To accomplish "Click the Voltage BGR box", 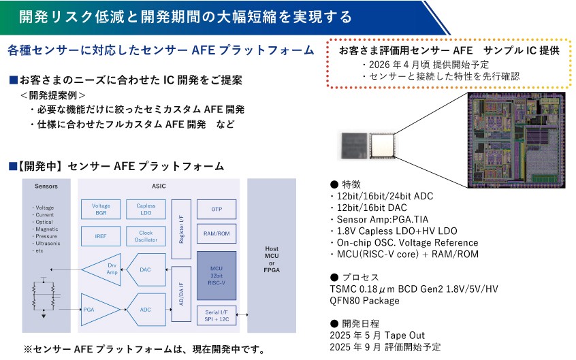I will (x=101, y=210).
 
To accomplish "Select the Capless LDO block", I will (x=146, y=210).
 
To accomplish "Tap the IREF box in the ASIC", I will (x=101, y=236).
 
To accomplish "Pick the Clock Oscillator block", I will (x=146, y=236).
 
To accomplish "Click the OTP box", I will (x=216, y=209).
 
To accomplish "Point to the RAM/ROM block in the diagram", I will (x=216, y=234).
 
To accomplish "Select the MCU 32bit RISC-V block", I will (x=216, y=276).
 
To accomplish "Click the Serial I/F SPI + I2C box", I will (x=216, y=316).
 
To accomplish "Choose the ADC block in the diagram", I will (x=147, y=310).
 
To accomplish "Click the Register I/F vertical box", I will (x=181, y=229).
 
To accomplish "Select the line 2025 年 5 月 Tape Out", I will (x=376, y=336).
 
